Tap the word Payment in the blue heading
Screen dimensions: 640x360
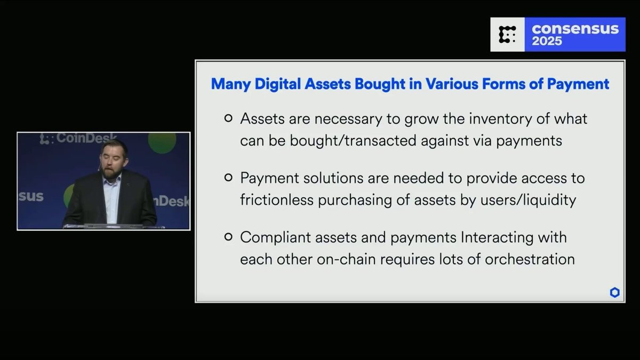(x=578, y=84)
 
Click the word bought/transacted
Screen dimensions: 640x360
(x=353, y=141)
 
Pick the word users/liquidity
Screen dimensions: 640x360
(x=528, y=199)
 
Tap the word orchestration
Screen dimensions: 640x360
(x=530, y=259)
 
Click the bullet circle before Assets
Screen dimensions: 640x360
(x=228, y=118)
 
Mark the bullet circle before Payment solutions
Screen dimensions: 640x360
(x=228, y=178)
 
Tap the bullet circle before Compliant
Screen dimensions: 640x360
(x=228, y=237)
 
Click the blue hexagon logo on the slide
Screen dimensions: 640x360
(x=614, y=292)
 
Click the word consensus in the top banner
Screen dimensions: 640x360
(x=575, y=29)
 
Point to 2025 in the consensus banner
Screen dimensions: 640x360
(x=547, y=41)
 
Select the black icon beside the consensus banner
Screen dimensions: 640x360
(x=507, y=35)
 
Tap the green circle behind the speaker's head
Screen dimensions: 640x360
(x=162, y=143)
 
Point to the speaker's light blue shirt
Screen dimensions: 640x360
(x=111, y=200)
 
